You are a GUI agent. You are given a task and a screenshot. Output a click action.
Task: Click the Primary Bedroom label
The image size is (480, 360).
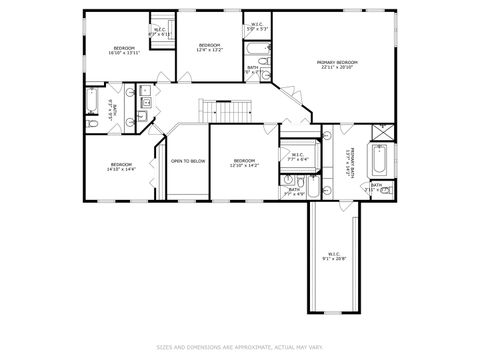(336, 64)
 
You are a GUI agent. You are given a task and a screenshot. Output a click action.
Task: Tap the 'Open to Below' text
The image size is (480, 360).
(188, 160)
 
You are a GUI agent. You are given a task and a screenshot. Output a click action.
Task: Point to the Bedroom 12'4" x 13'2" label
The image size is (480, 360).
(209, 47)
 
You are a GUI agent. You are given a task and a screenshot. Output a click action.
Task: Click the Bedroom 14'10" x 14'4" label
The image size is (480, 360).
(121, 165)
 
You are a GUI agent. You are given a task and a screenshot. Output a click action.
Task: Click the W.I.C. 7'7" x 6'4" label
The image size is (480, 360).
(297, 156)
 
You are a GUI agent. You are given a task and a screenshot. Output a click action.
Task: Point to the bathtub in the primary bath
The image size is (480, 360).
(381, 160)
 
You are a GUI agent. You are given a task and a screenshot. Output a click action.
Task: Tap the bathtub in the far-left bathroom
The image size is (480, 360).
(91, 102)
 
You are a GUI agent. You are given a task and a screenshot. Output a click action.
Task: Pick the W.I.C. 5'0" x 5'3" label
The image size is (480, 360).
(256, 27)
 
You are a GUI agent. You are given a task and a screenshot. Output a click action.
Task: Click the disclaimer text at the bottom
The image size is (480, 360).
(240, 347)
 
